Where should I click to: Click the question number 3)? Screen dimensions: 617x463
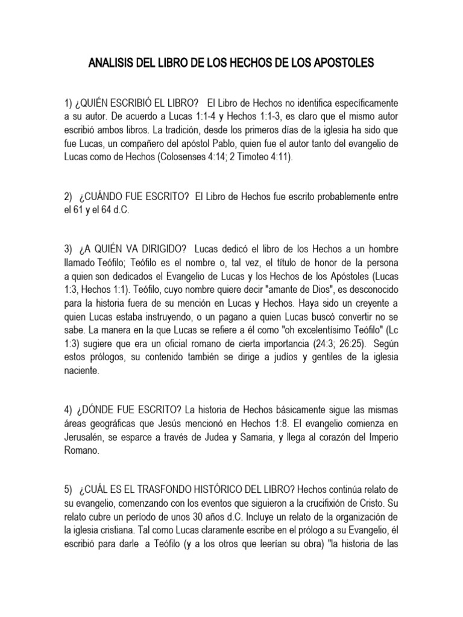68,249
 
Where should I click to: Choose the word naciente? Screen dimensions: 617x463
82,373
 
